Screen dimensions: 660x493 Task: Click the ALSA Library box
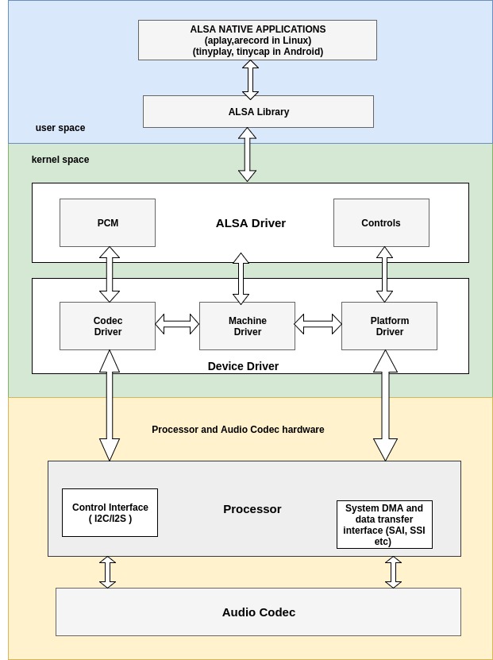tap(258, 112)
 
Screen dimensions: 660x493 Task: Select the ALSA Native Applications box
tap(257, 41)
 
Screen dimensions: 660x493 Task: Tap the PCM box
tap(107, 223)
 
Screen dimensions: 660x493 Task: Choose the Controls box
tap(381, 223)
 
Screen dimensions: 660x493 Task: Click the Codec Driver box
tap(107, 326)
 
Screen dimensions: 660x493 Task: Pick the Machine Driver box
tap(247, 326)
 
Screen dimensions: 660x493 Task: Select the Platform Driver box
tap(389, 326)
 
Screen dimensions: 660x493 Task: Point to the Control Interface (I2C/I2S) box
tap(110, 513)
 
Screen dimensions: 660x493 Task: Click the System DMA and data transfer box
tap(384, 525)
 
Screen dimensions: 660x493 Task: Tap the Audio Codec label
tap(258, 612)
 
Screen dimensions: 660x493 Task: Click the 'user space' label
tap(60, 128)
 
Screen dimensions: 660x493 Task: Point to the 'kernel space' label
tap(60, 160)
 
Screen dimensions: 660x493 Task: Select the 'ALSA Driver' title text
tap(250, 223)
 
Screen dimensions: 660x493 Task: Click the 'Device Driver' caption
tap(243, 366)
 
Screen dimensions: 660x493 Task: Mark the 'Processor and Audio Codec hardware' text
tap(238, 430)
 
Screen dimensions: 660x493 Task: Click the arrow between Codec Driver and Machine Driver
tap(177, 324)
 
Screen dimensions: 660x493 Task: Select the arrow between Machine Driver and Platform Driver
tap(318, 324)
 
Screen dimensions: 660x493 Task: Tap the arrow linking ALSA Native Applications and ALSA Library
tap(250, 79)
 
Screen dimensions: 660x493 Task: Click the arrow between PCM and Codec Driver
tap(110, 274)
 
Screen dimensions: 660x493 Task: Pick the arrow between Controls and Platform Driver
tap(384, 274)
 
